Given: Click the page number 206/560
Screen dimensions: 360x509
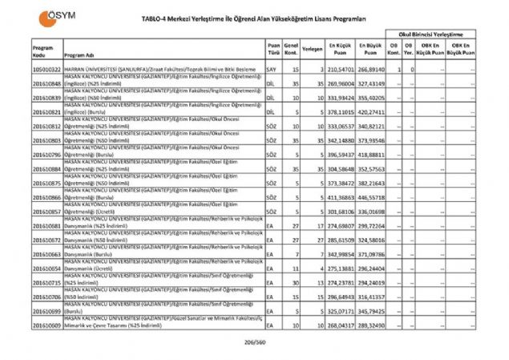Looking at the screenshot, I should click(253, 342).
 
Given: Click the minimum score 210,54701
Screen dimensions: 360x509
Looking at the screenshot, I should click(341, 71).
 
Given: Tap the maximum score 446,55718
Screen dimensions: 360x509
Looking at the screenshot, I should click(371, 197).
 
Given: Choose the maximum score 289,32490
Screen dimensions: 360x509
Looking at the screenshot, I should click(371, 327).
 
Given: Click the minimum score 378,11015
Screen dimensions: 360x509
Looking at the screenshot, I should click(341, 113).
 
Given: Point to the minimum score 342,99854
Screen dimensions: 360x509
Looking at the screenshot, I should click(341, 254).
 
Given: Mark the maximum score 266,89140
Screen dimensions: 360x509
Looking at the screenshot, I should click(371, 71).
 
